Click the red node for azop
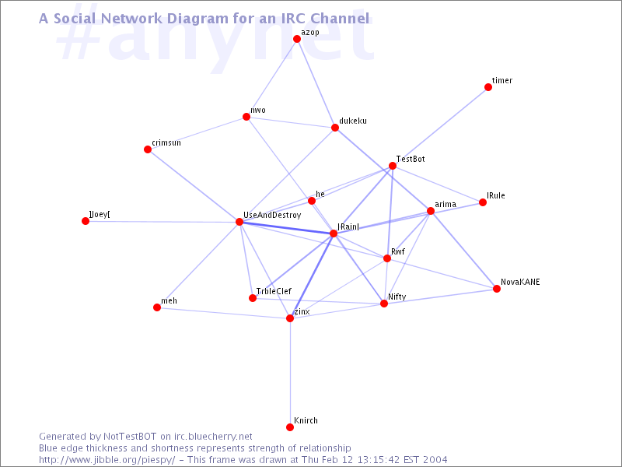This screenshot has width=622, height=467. pyautogui.click(x=297, y=39)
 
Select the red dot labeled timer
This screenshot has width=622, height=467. pyautogui.click(x=488, y=87)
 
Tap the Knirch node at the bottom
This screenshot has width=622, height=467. pyautogui.click(x=290, y=427)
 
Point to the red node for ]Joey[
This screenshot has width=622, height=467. pyautogui.click(x=86, y=221)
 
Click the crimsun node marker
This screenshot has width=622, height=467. pyautogui.click(x=148, y=149)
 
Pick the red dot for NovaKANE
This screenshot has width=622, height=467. pyautogui.click(x=497, y=289)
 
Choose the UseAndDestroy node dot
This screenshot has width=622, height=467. pyautogui.click(x=239, y=222)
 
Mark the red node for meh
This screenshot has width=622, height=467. pyautogui.click(x=157, y=307)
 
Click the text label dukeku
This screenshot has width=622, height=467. pyautogui.click(x=353, y=121)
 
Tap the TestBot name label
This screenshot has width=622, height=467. pyautogui.click(x=411, y=159)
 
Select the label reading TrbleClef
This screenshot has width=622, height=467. pyautogui.click(x=274, y=291)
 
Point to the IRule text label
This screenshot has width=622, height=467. pyautogui.click(x=496, y=195)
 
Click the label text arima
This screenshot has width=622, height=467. pyautogui.click(x=446, y=204)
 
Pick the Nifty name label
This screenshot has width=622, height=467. pyautogui.click(x=397, y=297)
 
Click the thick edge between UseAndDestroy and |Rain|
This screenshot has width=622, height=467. pyautogui.click(x=286, y=227)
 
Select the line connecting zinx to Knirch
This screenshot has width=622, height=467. pyautogui.click(x=290, y=373)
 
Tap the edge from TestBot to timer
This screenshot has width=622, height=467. pyautogui.click(x=440, y=127)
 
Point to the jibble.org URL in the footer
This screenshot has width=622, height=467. pyautogui.click(x=107, y=460)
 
